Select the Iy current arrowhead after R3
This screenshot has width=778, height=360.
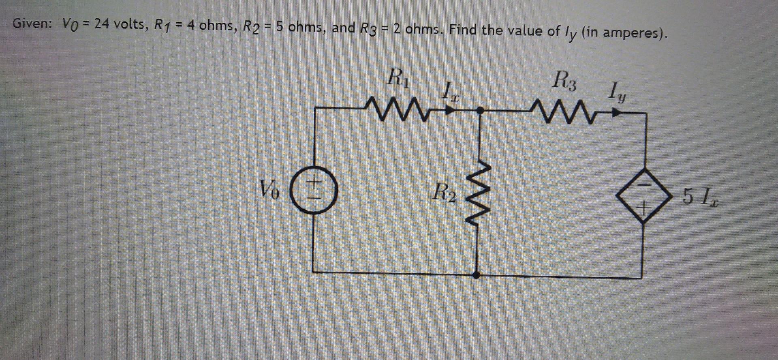tap(617, 114)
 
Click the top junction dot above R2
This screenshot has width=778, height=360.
tap(480, 110)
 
